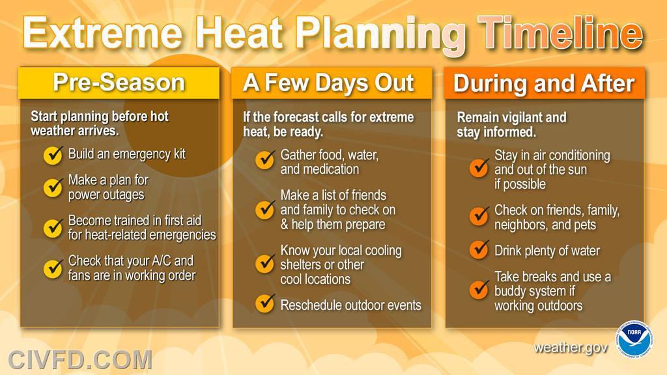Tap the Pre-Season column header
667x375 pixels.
pyautogui.click(x=119, y=83)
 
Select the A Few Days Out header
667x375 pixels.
pyautogui.click(x=332, y=83)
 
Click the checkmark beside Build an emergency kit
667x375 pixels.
pyautogui.click(x=53, y=155)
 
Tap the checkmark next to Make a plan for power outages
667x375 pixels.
pyautogui.click(x=53, y=187)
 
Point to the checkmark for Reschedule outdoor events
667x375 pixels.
pyautogui.click(x=265, y=303)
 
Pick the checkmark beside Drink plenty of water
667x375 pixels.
pyautogui.click(x=479, y=249)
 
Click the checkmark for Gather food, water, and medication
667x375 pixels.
pyautogui.click(x=265, y=160)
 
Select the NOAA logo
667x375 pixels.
pyautogui.click(x=634, y=339)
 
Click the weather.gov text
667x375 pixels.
pyautogui.click(x=571, y=348)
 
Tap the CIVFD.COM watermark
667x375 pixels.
pyautogui.click(x=80, y=359)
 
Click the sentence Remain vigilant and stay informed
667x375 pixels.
pyautogui.click(x=511, y=124)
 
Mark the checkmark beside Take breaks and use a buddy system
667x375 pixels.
pyautogui.click(x=479, y=290)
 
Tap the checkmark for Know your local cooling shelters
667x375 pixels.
pyautogui.click(x=265, y=264)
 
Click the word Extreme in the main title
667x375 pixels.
pyautogui.click(x=103, y=33)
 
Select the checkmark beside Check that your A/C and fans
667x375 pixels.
pyautogui.click(x=53, y=268)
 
